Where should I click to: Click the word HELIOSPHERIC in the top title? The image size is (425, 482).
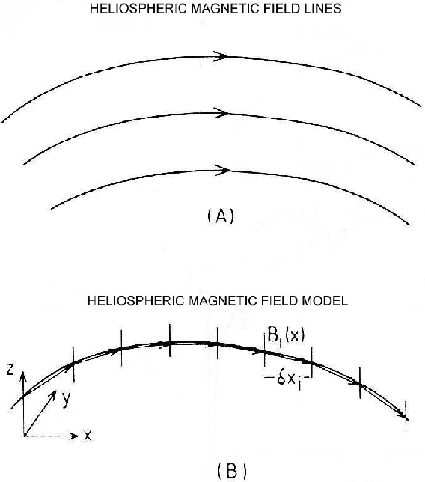click(138, 8)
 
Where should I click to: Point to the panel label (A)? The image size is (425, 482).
click(221, 216)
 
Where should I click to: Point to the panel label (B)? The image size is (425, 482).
click(232, 470)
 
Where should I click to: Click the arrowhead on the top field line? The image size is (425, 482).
click(221, 56)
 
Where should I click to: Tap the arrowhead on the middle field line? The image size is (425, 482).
click(221, 113)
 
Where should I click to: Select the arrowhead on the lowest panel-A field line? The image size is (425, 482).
click(222, 170)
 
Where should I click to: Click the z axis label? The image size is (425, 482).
click(10, 370)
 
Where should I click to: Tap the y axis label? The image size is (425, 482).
click(66, 400)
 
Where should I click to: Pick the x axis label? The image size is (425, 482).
click(88, 436)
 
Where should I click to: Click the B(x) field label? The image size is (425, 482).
click(286, 335)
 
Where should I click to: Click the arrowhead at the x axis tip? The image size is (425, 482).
click(75, 436)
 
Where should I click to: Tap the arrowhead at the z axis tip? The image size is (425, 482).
click(22, 376)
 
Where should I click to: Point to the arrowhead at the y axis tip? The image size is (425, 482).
click(53, 394)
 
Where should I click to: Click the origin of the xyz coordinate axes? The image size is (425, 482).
click(24, 436)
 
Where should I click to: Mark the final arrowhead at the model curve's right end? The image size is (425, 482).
click(403, 415)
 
